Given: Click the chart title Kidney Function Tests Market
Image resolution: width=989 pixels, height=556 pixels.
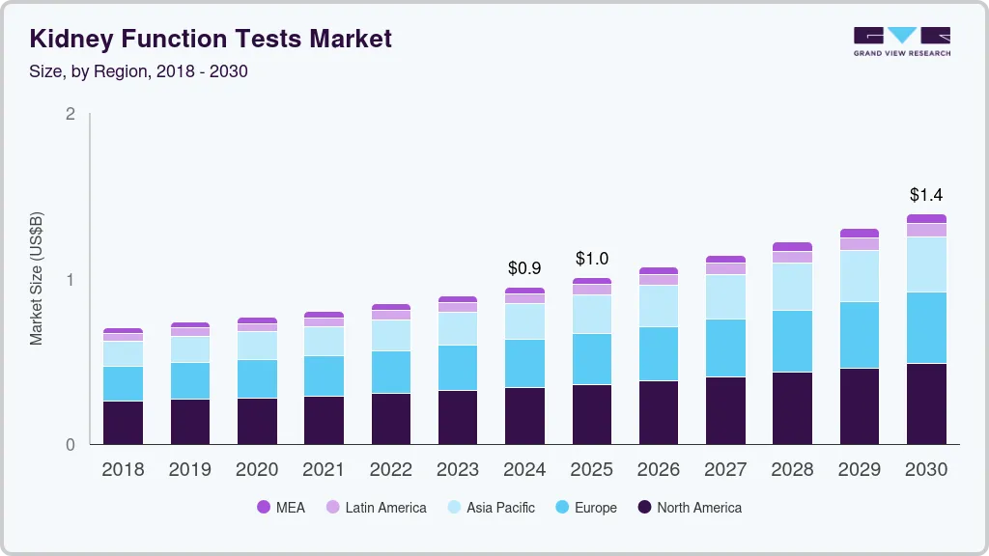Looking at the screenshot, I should (211, 39).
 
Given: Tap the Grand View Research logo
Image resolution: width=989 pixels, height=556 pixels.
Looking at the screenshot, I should (901, 41).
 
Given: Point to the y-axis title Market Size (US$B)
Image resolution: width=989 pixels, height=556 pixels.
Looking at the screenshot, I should (36, 278).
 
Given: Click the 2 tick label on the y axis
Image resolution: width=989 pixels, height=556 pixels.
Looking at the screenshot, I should (70, 114).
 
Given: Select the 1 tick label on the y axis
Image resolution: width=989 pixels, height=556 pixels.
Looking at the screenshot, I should (70, 280).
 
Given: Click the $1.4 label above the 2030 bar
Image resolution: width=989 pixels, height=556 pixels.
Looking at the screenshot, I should (925, 196).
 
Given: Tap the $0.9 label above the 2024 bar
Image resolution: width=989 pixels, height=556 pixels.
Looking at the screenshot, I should (524, 267).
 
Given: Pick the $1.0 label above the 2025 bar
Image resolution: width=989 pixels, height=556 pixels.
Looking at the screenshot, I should (591, 259).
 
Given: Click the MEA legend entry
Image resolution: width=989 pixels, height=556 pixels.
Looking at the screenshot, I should (280, 508).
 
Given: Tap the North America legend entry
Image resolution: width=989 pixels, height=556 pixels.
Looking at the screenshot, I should (689, 508).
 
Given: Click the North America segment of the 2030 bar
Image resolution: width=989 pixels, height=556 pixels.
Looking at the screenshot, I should (926, 403).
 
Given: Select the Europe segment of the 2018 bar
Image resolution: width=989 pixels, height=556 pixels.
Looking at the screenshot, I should (123, 383).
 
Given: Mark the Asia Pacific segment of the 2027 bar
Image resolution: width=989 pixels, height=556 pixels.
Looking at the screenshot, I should (725, 297).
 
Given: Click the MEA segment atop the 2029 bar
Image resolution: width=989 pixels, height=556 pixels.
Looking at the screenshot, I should (860, 233).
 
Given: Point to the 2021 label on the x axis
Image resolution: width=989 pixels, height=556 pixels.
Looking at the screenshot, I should (324, 470).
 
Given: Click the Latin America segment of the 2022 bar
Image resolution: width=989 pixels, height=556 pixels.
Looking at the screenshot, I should (390, 315).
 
